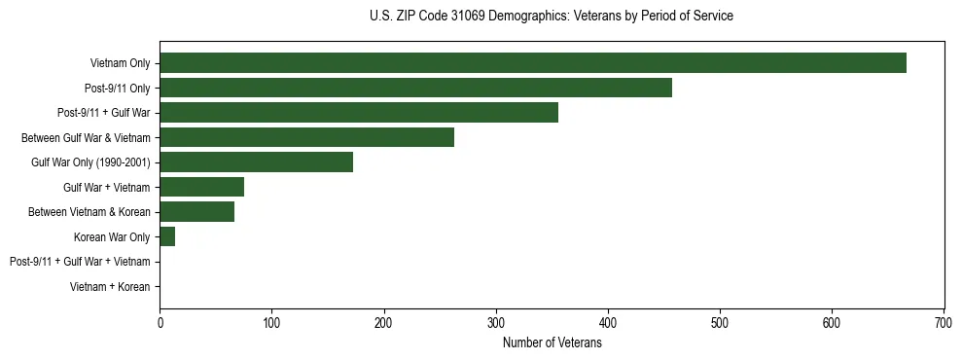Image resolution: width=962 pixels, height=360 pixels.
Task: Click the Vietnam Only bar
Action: coord(533,63)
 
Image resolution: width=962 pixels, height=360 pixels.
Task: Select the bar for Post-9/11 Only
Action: coord(415,88)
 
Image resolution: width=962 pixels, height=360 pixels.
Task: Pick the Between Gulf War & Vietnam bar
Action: coord(306,137)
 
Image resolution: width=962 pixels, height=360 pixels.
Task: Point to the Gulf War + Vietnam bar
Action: coord(201,187)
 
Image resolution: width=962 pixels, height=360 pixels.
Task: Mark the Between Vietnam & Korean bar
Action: coord(196,212)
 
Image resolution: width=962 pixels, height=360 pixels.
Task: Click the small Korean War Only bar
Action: coord(167,236)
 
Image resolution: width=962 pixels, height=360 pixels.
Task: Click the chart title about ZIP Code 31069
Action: coord(552,17)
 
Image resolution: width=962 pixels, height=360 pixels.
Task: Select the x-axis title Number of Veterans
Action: coord(552,342)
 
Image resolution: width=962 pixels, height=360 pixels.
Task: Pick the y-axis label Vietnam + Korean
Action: coord(110,287)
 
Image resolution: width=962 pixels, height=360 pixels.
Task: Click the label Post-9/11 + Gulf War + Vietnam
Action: coord(80,262)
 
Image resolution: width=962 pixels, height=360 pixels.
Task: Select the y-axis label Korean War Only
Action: coord(112,236)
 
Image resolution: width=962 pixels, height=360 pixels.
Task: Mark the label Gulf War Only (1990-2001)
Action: coord(90,162)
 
